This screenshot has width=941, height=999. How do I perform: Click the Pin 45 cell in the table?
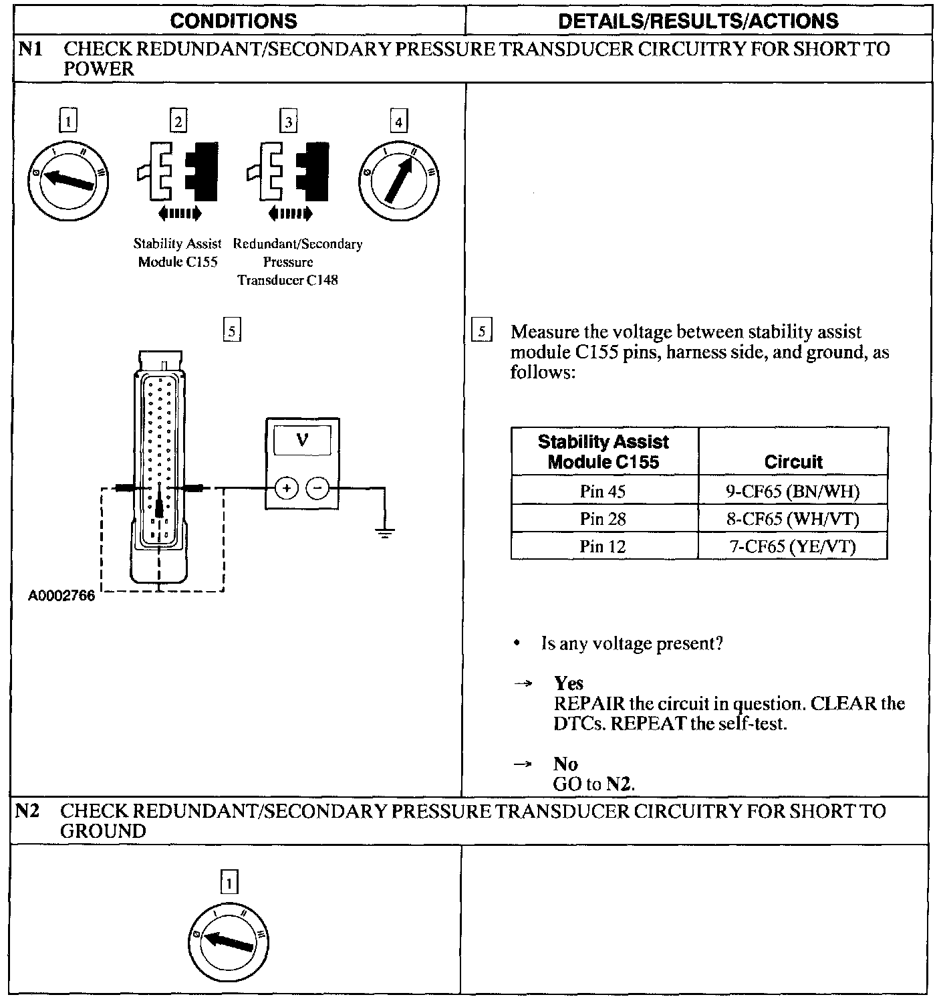[x=603, y=491]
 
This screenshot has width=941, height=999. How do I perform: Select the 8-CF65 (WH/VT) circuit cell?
[x=793, y=519]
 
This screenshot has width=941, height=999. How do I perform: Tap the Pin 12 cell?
[x=603, y=546]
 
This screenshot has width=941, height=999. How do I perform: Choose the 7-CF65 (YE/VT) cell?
[x=793, y=546]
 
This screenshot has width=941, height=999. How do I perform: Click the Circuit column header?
[x=793, y=461]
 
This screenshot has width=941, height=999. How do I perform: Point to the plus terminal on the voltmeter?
[x=286, y=489]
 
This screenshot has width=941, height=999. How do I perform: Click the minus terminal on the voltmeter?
[x=317, y=489]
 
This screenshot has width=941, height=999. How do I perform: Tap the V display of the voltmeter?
[x=302, y=440]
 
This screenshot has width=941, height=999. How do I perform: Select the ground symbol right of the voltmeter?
[x=384, y=533]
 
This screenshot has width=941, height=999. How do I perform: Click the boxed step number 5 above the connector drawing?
[x=231, y=330]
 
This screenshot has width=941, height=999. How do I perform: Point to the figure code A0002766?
[x=61, y=595]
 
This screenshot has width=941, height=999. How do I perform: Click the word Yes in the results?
[x=568, y=683]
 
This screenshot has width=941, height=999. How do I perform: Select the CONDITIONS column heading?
[x=233, y=21]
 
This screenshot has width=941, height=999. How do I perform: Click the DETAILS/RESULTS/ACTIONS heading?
[x=698, y=21]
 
